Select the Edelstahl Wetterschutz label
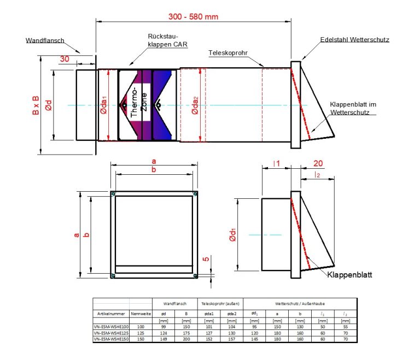(355, 40)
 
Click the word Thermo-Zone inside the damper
(141, 103)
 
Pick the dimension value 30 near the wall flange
(64, 60)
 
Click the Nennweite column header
(141, 314)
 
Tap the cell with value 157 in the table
(231, 338)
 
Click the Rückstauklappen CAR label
(164, 41)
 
